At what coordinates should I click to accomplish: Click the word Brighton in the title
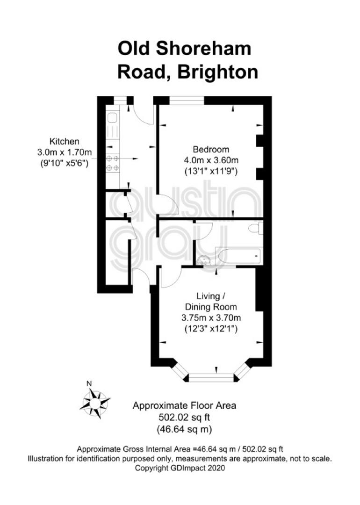pyautogui.click(x=218, y=72)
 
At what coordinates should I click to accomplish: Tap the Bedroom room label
pyautogui.click(x=211, y=150)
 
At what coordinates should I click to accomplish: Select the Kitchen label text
pyautogui.click(x=64, y=141)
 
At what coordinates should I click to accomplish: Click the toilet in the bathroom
pyautogui.click(x=256, y=228)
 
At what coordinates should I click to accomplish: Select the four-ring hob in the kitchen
pyautogui.click(x=113, y=163)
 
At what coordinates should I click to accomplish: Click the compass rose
pyautogui.click(x=94, y=403)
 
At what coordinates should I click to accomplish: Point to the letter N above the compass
pyautogui.click(x=89, y=383)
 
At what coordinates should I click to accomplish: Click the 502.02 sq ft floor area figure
pyautogui.click(x=184, y=418)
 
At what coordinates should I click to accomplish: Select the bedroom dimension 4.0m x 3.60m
pyautogui.click(x=211, y=160)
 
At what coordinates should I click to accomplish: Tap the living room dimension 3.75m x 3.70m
pyautogui.click(x=211, y=318)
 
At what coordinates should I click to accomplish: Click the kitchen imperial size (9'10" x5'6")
pyautogui.click(x=64, y=163)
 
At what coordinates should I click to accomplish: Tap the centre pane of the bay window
pyautogui.click(x=211, y=377)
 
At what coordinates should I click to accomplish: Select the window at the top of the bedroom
pyautogui.click(x=187, y=101)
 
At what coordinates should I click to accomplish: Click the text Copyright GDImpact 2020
pyautogui.click(x=180, y=468)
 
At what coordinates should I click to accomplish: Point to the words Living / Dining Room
pyautogui.click(x=211, y=302)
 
